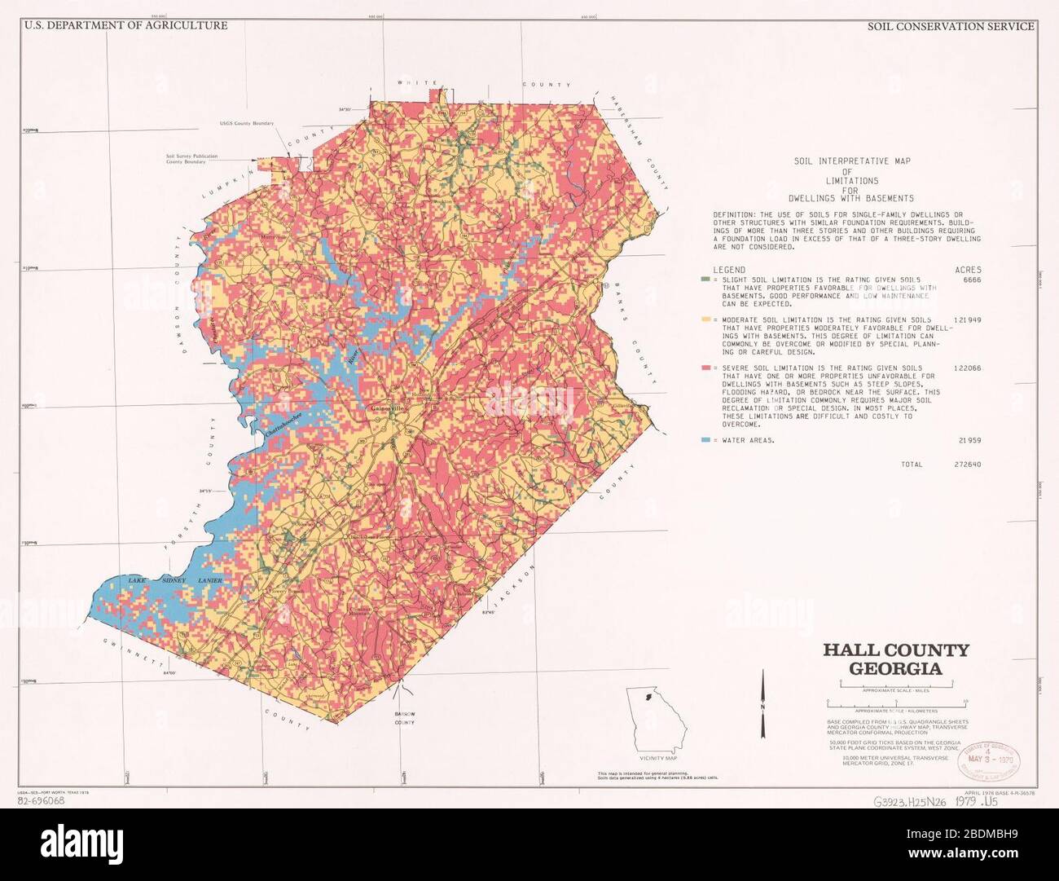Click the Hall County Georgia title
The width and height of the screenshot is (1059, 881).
click(x=895, y=659)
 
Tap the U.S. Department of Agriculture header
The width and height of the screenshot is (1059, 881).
click(x=125, y=25)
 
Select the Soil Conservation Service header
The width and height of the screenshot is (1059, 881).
click(x=950, y=26)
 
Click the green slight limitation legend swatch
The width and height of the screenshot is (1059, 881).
click(x=705, y=280)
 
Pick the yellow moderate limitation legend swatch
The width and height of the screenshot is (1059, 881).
click(x=705, y=320)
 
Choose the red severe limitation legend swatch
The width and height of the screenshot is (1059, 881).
click(x=705, y=368)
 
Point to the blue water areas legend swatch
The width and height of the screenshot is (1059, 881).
click(x=705, y=440)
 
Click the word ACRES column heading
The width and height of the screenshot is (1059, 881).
click(x=968, y=270)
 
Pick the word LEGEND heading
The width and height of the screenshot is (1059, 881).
click(x=729, y=270)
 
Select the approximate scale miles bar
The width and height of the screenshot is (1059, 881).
click(x=896, y=684)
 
